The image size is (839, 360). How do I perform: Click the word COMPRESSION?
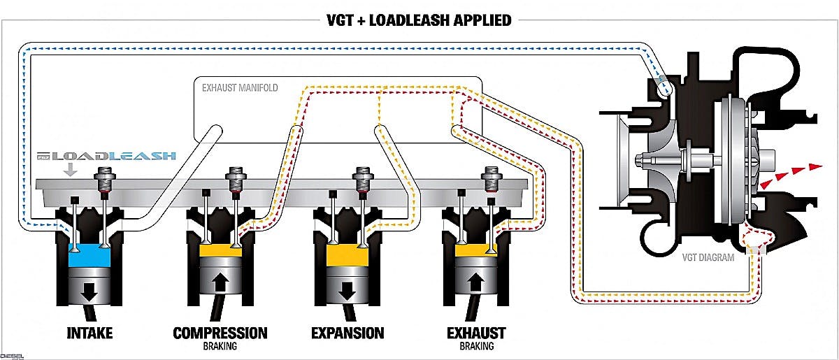point(220,332)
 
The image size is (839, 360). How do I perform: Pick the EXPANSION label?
point(347,332)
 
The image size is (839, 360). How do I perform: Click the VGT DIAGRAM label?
point(708,257)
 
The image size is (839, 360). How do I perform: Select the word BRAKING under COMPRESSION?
point(220,346)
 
